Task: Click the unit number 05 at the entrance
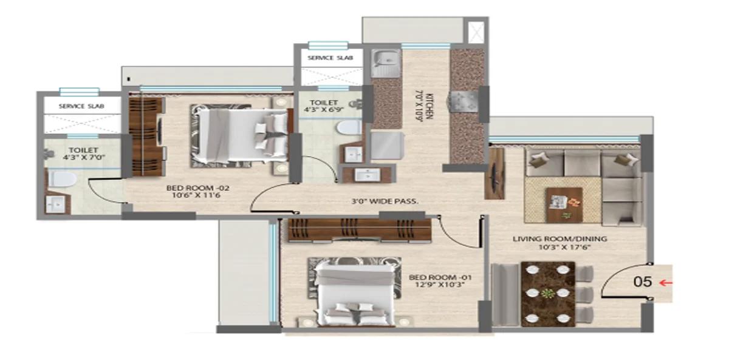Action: (643, 282)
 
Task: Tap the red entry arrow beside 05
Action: (665, 282)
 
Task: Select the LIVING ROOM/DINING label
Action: (560, 239)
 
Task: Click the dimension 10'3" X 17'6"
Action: (560, 248)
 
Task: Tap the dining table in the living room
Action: (548, 293)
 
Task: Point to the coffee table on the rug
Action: (564, 204)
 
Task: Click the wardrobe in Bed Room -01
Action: (359, 230)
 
